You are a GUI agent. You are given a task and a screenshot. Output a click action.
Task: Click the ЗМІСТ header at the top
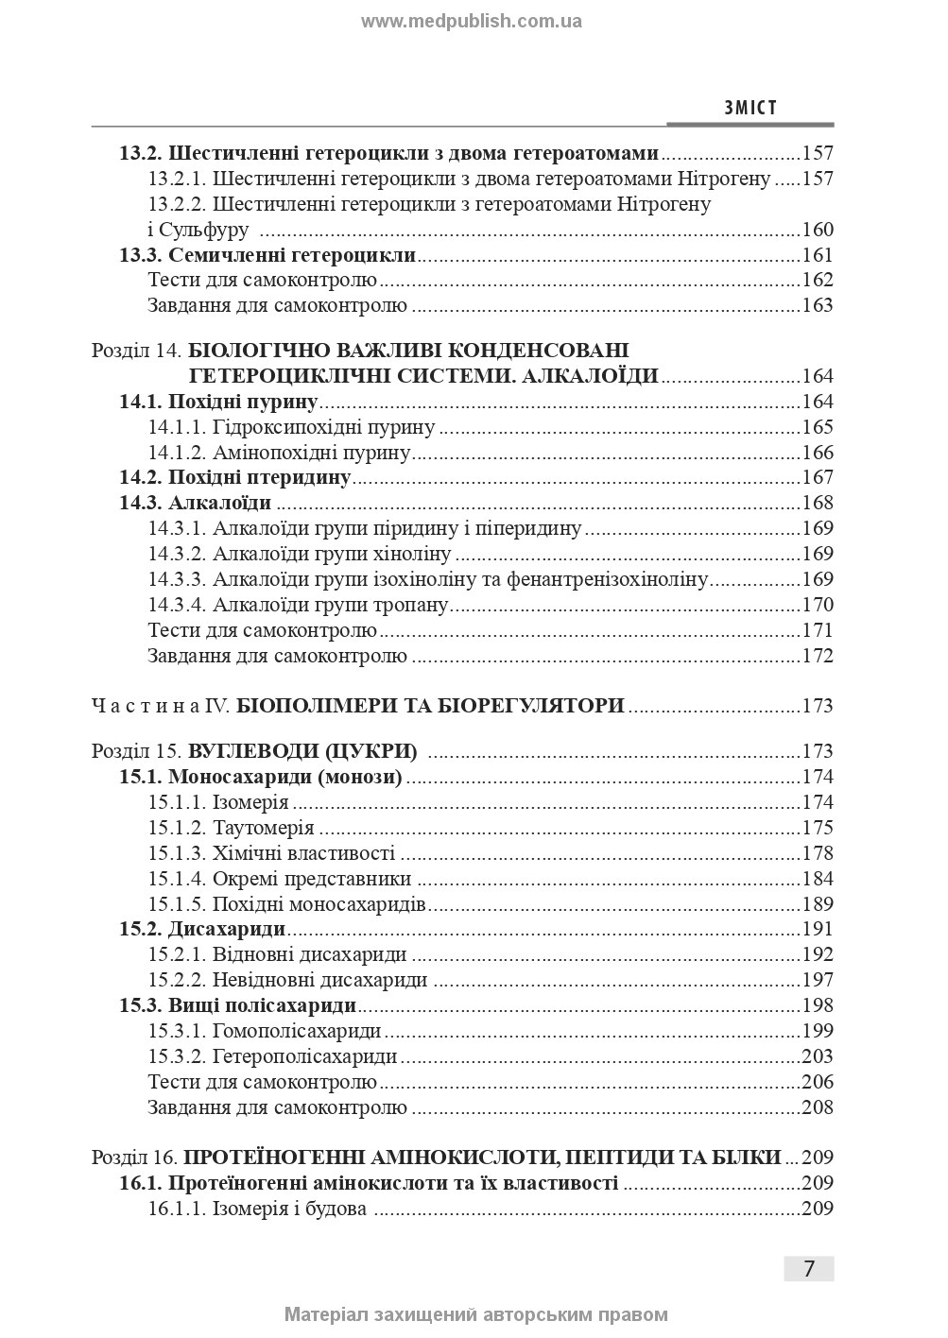pos(750,108)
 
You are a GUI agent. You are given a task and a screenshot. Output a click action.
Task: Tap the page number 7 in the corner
pos(808,1268)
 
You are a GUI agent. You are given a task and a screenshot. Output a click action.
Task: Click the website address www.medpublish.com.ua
pos(472,21)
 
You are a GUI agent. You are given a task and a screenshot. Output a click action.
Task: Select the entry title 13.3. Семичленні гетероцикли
pos(267,255)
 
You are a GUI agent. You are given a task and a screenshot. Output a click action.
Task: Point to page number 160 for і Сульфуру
pos(817,230)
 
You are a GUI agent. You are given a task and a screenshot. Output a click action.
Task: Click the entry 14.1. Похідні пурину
pos(217,402)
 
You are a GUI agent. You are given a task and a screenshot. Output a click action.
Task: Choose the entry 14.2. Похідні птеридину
pos(235,477)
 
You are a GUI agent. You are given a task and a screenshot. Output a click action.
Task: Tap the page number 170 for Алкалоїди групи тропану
pos(817,605)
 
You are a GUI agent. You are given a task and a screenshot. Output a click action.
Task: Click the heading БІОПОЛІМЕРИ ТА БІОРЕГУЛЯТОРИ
pos(430,706)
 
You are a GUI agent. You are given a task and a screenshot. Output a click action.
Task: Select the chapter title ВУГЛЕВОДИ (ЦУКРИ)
pos(302,752)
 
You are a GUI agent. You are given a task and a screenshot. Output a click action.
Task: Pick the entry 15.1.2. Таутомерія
pos(231,829)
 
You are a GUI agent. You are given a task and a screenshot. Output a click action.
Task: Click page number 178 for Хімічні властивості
pos(817,854)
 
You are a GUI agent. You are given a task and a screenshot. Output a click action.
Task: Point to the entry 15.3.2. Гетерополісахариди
pos(272,1056)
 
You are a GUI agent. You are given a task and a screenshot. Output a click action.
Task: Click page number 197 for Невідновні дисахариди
pos(817,980)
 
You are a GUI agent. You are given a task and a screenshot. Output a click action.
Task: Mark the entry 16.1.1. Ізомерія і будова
pos(257,1209)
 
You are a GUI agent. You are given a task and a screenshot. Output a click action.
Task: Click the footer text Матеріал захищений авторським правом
pos(475,1314)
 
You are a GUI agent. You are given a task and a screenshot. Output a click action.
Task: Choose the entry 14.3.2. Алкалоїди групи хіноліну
pos(300,554)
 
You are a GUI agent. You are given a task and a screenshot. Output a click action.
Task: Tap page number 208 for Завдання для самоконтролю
pos(817,1107)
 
